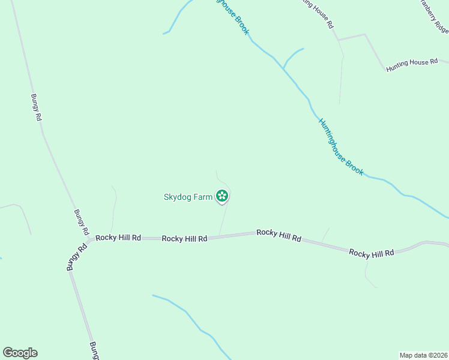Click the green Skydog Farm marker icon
(x=222, y=196)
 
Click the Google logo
(x=20, y=353)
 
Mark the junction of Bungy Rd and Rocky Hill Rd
(x=89, y=239)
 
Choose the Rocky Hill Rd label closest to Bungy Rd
(x=118, y=238)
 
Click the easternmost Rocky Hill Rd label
(x=372, y=253)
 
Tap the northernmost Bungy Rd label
(x=37, y=107)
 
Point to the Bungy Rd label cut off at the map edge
(x=94, y=350)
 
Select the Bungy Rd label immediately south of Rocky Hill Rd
(x=77, y=257)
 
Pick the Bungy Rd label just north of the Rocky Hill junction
(x=81, y=221)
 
